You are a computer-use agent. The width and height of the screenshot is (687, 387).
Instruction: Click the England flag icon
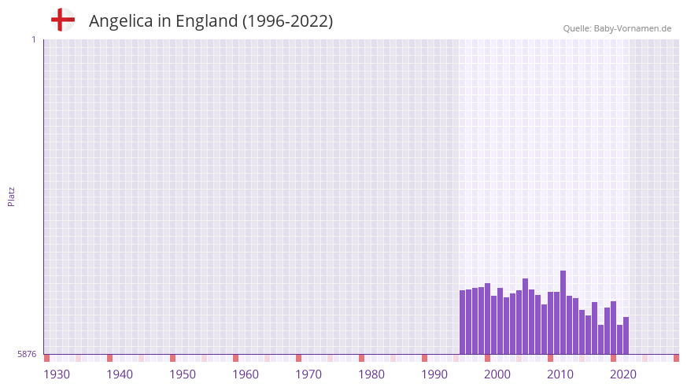point(62,20)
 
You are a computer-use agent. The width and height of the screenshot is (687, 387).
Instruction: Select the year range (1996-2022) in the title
point(287,21)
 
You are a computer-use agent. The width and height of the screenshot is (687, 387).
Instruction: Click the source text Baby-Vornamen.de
point(633,28)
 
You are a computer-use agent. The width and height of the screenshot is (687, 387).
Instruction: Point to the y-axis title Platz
point(11,197)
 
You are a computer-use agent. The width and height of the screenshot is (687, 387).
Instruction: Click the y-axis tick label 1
point(33,39)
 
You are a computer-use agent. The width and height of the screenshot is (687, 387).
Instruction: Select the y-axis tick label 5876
point(27,355)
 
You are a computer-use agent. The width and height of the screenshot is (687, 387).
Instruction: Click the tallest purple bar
point(563,312)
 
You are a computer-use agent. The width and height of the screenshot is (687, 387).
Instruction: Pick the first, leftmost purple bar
point(463,322)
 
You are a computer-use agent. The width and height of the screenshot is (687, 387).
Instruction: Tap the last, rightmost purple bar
point(626,336)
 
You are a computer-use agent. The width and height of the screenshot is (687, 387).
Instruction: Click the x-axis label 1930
point(57,374)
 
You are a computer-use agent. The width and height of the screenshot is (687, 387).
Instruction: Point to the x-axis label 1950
point(183,374)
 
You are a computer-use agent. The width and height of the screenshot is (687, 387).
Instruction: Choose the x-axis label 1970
point(308,374)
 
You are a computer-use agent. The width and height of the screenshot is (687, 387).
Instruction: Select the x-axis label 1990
point(434,374)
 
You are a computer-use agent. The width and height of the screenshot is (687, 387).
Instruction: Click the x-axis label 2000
point(497,374)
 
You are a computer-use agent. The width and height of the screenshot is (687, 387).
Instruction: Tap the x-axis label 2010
point(560,374)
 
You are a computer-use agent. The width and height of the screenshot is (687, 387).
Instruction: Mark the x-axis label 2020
point(623,374)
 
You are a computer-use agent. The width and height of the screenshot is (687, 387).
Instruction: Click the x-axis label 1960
point(246,374)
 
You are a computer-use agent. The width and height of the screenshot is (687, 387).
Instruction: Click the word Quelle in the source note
point(577,28)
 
